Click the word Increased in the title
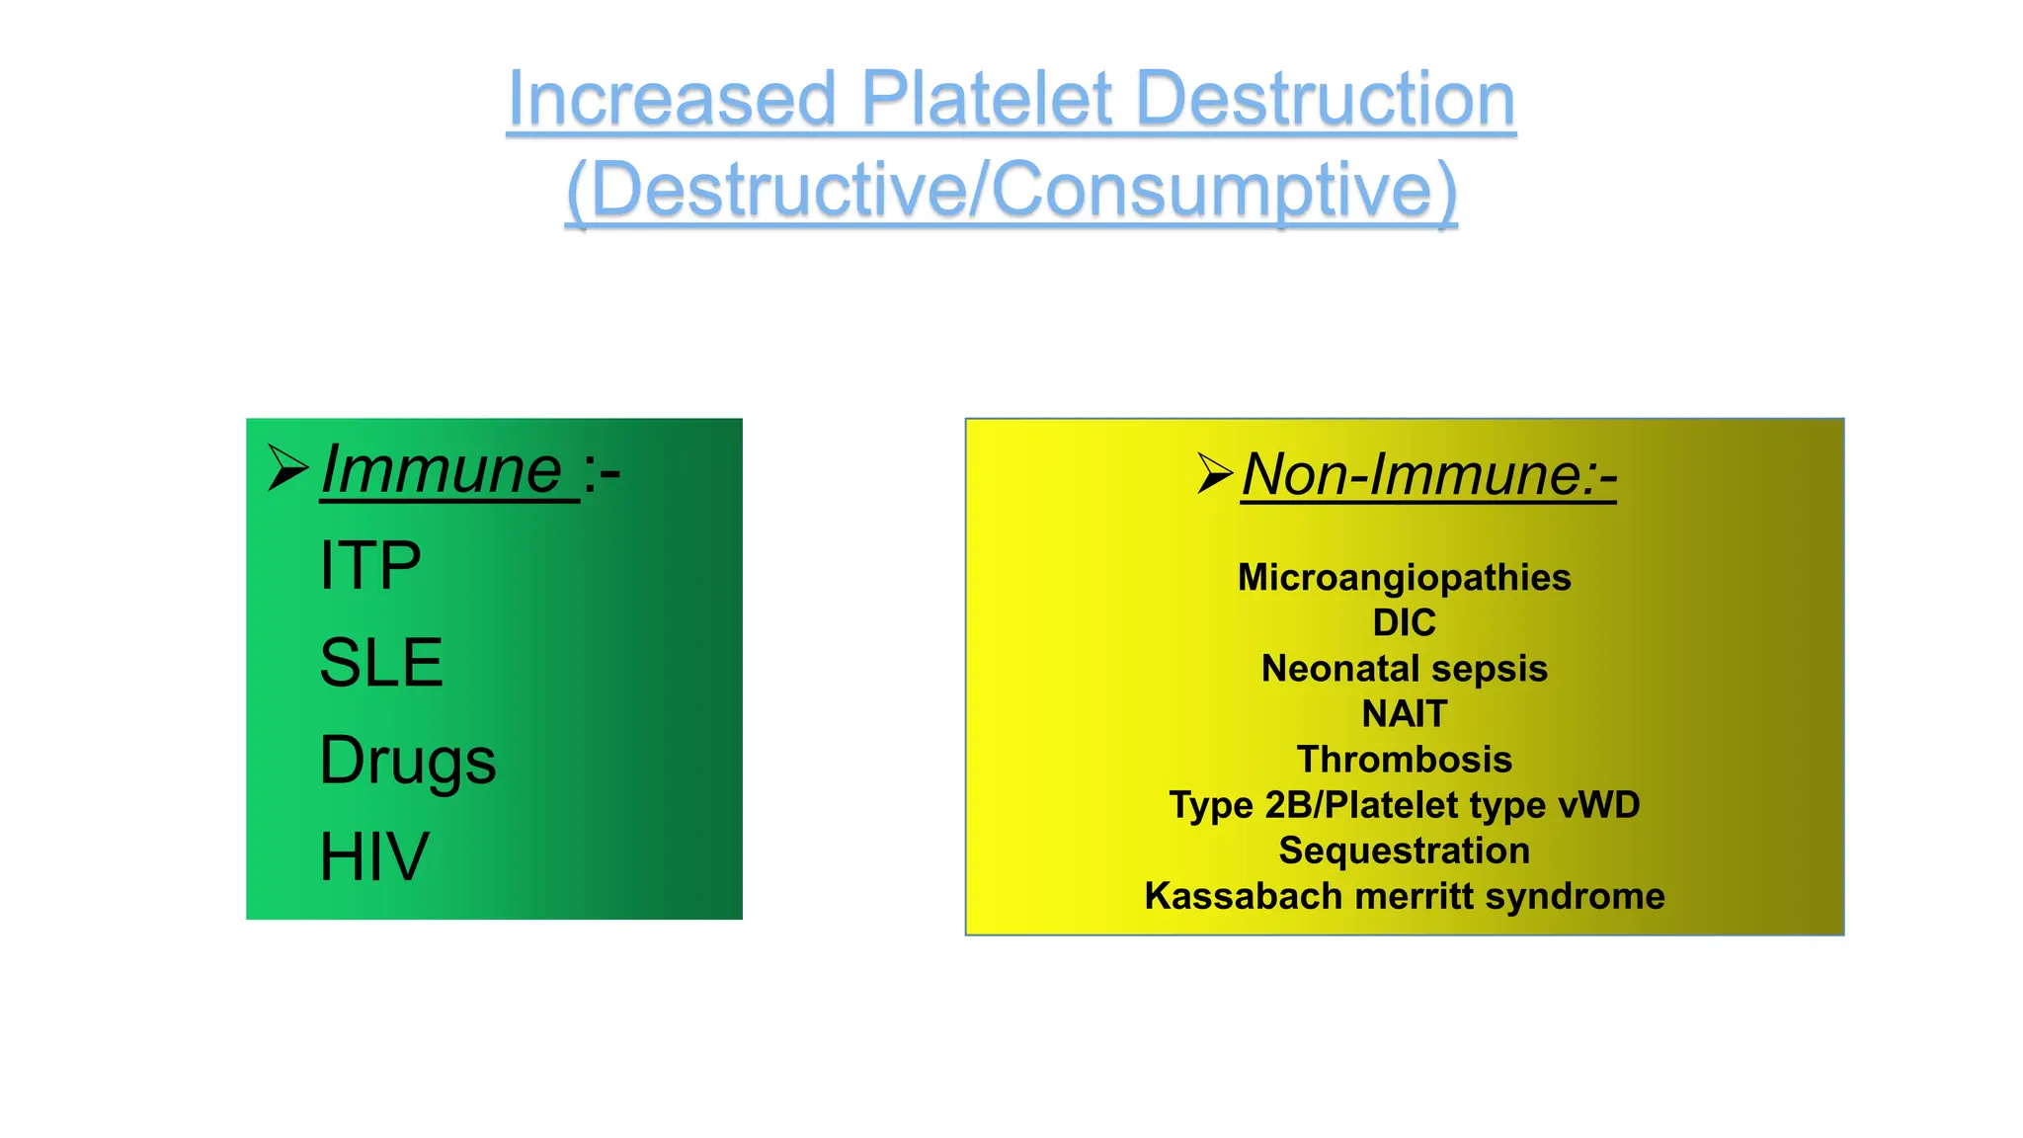pos(672,99)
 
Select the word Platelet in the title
pos(988,99)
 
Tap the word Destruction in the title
pos(1326,99)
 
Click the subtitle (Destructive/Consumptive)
pos(1011,190)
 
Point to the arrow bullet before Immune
pos(288,468)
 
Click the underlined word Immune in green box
pos(443,470)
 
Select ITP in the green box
pos(370,566)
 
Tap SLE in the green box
pos(381,663)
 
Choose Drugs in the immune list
pos(408,761)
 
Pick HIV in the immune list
pos(374,856)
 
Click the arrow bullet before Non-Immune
pos(1214,473)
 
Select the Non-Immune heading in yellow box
pos(1428,475)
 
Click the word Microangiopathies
pos(1404,578)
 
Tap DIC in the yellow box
pos(1404,623)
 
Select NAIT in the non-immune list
pos(1404,714)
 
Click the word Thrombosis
pos(1404,760)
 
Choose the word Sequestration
pos(1404,851)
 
